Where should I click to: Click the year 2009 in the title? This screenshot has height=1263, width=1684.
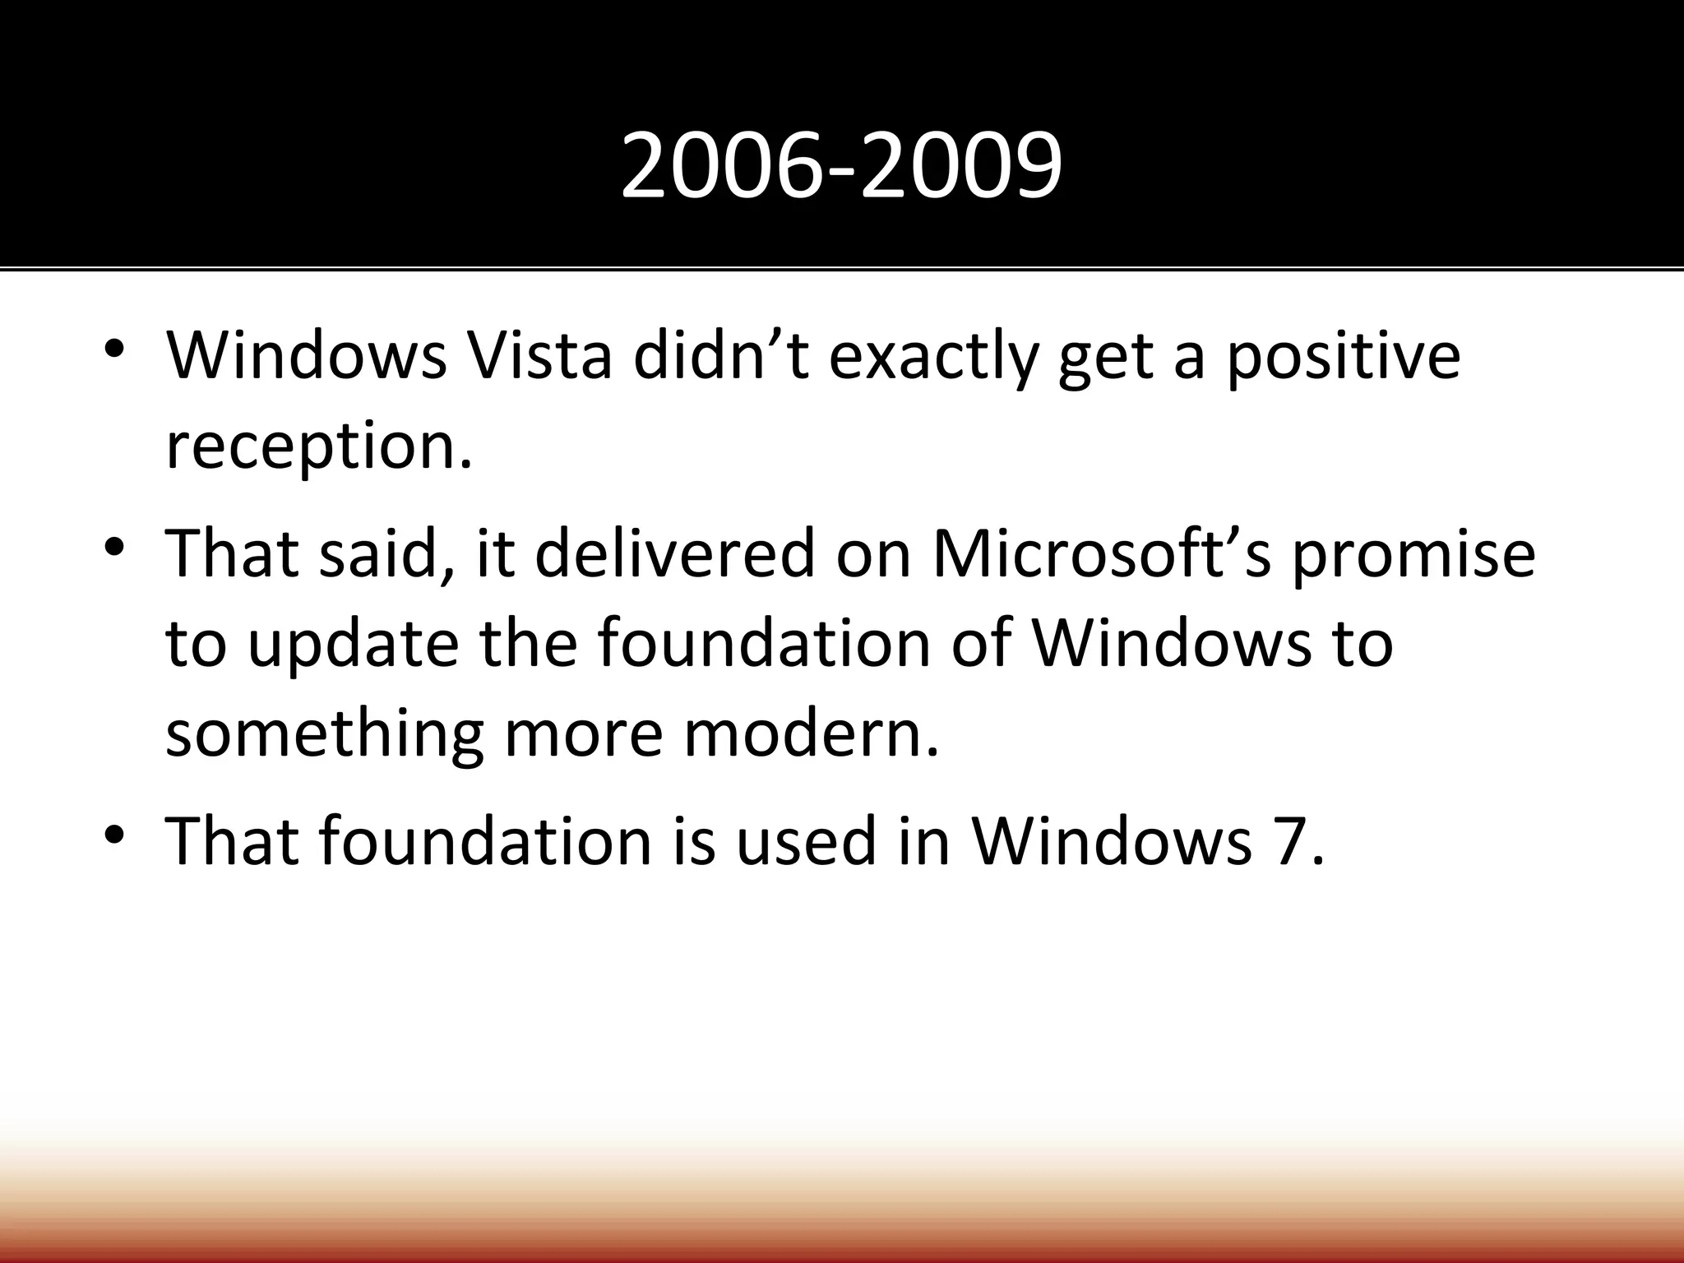pos(961,167)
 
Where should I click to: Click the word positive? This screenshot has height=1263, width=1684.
pos(1344,357)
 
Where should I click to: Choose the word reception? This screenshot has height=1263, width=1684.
pos(319,446)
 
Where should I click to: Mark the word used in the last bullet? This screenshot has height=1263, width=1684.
pos(806,841)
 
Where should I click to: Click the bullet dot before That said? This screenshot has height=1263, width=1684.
pos(114,545)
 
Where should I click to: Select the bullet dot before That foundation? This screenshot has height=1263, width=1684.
pos(114,833)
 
